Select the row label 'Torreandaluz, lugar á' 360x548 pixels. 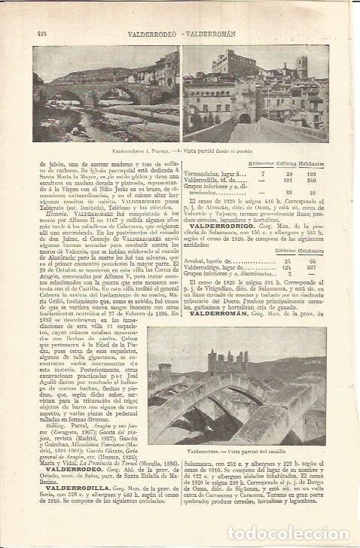tap(215, 172)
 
